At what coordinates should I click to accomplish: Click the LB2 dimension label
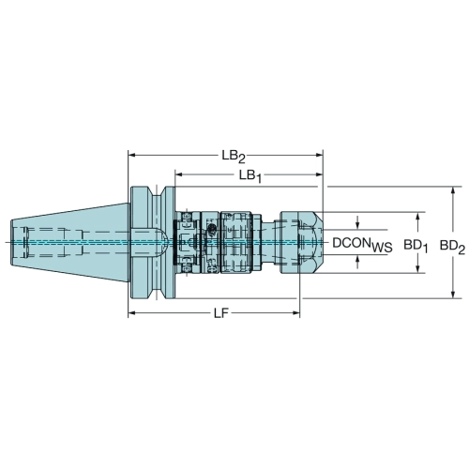pos(234,157)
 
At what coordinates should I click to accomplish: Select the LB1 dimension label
pos(250,176)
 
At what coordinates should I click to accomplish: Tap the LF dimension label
pos(221,313)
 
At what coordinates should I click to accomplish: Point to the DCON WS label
pos(362,244)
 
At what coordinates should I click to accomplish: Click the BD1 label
pos(416,246)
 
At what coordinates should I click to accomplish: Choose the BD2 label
pos(452,247)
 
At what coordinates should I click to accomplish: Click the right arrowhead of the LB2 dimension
pos(319,155)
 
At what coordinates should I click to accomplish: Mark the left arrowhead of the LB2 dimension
pos(131,155)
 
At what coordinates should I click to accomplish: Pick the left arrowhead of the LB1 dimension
pos(178,174)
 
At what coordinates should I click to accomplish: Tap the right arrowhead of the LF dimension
pos(296,312)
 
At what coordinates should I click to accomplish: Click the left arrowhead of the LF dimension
pos(131,312)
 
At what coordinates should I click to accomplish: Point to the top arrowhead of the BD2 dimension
pos(453,190)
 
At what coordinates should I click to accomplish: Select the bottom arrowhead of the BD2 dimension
pos(453,295)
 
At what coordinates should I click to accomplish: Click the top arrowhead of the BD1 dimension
pos(417,216)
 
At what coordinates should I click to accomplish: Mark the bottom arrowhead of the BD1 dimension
pos(417,269)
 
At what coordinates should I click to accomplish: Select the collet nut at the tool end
pos(301,243)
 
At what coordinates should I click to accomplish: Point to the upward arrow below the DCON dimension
pos(358,261)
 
